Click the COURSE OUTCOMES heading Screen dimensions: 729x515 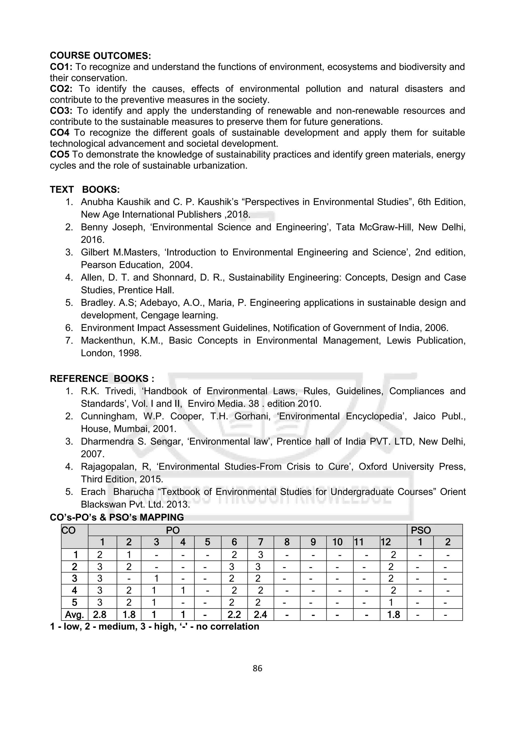(100, 56)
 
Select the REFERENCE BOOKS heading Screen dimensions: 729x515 (102, 379)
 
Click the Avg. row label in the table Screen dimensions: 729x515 (74, 615)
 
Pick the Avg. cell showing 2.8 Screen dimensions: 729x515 (100, 615)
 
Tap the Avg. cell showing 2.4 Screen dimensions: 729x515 (260, 615)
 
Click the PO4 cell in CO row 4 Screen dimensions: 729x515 (183, 591)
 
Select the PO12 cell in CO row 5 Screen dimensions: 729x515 (391, 603)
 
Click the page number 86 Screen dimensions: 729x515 (257, 669)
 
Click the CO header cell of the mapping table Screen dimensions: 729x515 (69, 530)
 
